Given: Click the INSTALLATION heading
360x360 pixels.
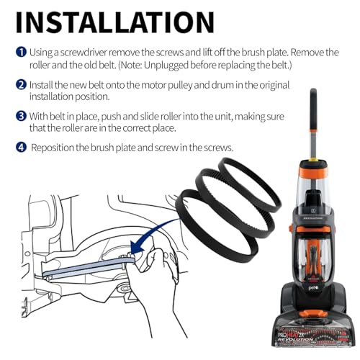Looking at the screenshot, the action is coord(115,22).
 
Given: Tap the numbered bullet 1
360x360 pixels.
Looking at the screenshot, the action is coord(21,53).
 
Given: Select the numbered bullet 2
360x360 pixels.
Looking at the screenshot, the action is coord(21,85).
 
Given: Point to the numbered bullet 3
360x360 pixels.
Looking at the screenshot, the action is coord(21,116).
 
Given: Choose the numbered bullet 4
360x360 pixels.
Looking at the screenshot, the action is coord(21,148).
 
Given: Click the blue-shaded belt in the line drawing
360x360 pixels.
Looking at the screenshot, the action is coord(89,267).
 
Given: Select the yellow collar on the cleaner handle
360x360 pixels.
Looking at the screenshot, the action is coord(312,159).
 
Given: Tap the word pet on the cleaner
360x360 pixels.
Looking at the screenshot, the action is coord(312,287).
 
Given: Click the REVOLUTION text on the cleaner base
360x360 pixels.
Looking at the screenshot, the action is coord(296,340).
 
